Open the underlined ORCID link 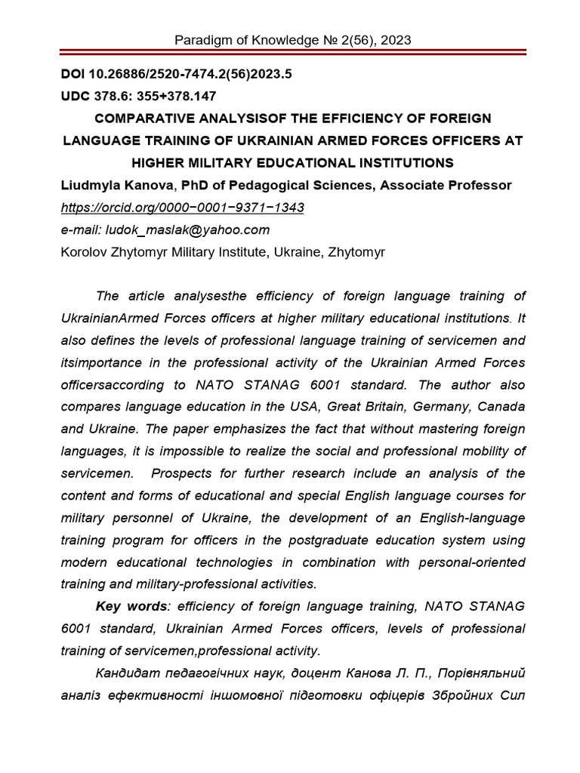[182, 207]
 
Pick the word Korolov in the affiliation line [85, 251]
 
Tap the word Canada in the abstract [497, 407]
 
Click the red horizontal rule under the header [290, 54]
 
